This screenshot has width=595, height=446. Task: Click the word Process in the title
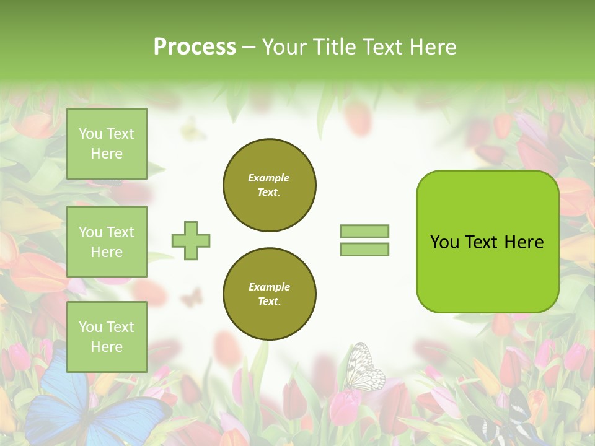195,47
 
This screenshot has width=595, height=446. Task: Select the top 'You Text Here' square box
107,144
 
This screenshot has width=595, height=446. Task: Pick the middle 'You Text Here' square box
107,242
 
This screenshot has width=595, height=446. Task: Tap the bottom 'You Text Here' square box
107,336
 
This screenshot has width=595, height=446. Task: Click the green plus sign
191,240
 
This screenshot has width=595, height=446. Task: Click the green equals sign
364,240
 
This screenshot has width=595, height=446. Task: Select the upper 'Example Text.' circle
269,185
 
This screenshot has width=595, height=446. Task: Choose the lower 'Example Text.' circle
269,294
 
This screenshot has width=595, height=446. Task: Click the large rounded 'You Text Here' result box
487,242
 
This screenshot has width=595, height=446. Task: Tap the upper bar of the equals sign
364,231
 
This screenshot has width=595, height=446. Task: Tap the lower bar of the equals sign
364,249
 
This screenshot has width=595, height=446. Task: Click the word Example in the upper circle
269,178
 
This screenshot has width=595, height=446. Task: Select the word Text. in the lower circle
269,301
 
